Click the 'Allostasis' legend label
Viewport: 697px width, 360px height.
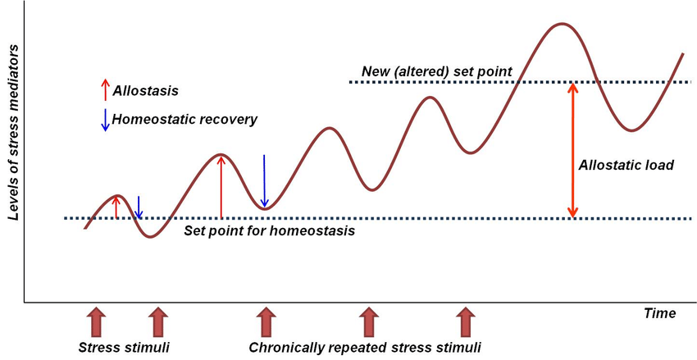click(x=145, y=90)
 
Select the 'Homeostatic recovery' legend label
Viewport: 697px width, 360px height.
click(x=184, y=120)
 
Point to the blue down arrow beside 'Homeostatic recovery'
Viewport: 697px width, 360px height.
click(x=104, y=120)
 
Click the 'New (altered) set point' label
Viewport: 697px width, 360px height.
click(x=437, y=72)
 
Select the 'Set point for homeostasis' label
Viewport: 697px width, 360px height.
click(x=269, y=231)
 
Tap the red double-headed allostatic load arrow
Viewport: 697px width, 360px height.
click(x=573, y=151)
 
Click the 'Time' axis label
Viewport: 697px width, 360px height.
click(x=659, y=313)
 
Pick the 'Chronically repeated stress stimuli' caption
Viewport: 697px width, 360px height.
click(x=364, y=347)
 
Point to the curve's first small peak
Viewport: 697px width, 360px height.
click(x=117, y=196)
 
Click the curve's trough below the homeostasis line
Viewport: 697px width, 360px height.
click(x=148, y=237)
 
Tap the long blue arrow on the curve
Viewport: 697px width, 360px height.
click(x=264, y=180)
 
